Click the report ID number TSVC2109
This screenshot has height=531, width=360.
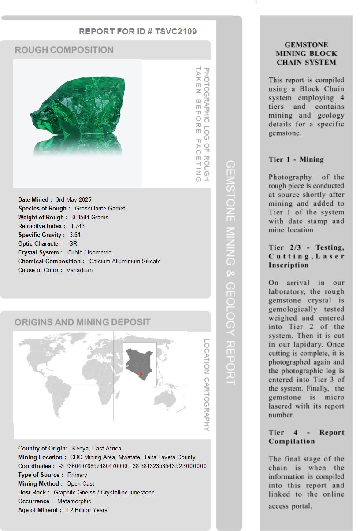click(x=176, y=31)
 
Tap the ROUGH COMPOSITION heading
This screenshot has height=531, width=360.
click(x=64, y=50)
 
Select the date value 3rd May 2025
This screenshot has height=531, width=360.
click(x=74, y=199)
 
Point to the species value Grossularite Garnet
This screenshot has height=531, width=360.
click(x=100, y=208)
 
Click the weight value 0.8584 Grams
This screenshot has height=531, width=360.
click(x=90, y=217)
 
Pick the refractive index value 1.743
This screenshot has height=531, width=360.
click(x=78, y=226)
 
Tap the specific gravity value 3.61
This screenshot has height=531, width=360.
click(x=75, y=235)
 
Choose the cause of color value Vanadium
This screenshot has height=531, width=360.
click(x=79, y=270)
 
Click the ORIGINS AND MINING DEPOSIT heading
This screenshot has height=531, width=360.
click(x=82, y=322)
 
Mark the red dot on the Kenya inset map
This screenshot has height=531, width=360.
click(x=141, y=374)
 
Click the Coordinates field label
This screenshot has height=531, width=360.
click(x=36, y=466)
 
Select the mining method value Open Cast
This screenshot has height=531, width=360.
click(x=81, y=483)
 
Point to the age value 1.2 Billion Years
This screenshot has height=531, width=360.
click(x=86, y=510)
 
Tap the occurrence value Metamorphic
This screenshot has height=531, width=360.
click(x=74, y=501)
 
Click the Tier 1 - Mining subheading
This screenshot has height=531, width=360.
click(x=296, y=159)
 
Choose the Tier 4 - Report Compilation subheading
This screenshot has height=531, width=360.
click(x=306, y=437)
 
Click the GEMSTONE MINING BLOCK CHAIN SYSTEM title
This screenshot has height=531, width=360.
click(x=306, y=53)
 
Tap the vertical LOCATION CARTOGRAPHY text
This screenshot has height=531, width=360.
click(x=206, y=385)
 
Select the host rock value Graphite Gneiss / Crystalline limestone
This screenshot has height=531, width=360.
click(x=104, y=492)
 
